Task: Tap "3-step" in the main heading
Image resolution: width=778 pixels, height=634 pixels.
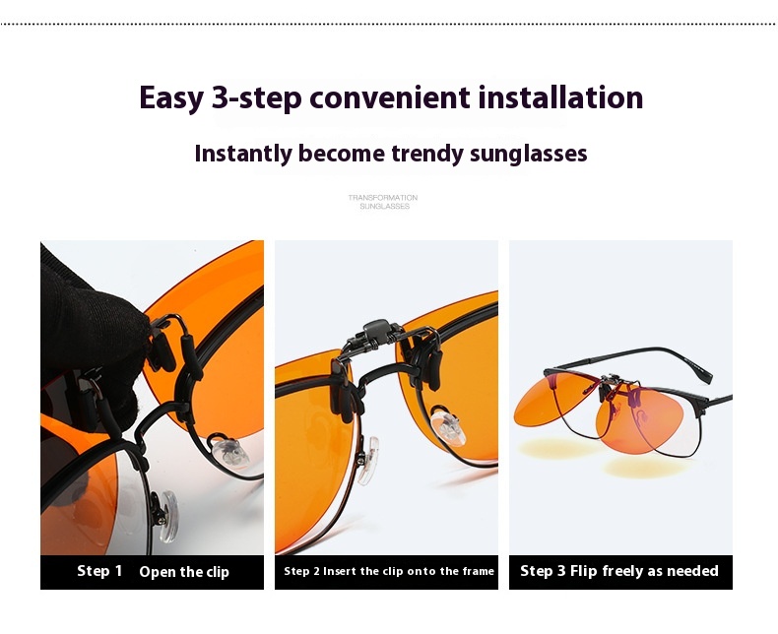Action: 256,97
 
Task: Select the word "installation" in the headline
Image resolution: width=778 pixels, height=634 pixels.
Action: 560,96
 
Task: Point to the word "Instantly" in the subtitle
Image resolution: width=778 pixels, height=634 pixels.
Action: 243,154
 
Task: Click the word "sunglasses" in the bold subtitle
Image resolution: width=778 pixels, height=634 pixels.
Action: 529,154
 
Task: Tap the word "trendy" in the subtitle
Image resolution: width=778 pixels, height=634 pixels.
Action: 427,154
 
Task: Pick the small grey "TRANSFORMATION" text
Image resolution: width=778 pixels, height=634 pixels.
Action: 382,198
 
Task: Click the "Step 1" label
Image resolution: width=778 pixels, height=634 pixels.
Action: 99,571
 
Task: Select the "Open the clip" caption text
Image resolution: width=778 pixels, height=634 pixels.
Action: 184,572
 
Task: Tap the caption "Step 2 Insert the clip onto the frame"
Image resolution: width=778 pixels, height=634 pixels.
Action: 389,571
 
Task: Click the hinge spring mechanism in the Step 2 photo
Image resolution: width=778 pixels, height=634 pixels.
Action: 375,334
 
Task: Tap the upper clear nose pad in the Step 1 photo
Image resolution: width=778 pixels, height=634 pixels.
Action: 229,452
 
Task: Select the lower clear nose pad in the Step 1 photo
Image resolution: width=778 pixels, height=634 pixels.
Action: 166,516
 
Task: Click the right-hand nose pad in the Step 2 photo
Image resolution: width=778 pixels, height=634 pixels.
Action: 448,426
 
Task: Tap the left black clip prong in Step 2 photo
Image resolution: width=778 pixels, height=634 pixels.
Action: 343,392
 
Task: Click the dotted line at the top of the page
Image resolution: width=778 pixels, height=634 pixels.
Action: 389,24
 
